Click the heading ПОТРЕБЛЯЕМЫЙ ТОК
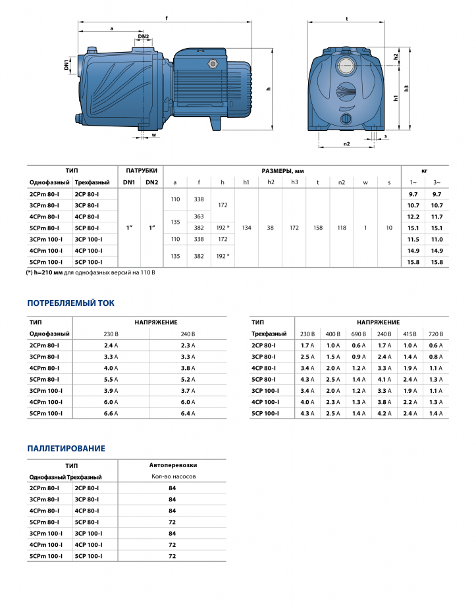tap(70, 303)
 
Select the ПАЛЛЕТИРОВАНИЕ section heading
tap(66, 448)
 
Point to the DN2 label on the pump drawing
tap(144, 37)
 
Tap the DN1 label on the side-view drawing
tap(66, 64)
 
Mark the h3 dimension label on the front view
tap(408, 88)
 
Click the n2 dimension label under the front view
tap(346, 143)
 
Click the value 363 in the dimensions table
tap(198, 216)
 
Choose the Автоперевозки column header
tap(172, 465)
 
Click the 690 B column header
tap(358, 334)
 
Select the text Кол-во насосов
tap(172, 476)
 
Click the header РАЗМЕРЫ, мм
tap(282, 170)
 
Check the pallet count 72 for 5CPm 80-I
tap(172, 522)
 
